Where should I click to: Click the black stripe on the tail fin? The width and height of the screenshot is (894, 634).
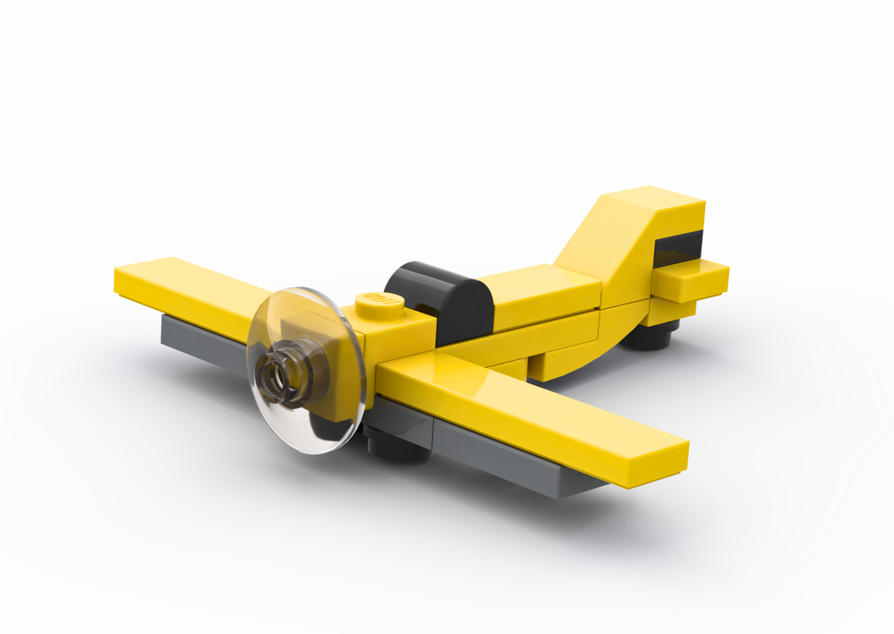(677, 246)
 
